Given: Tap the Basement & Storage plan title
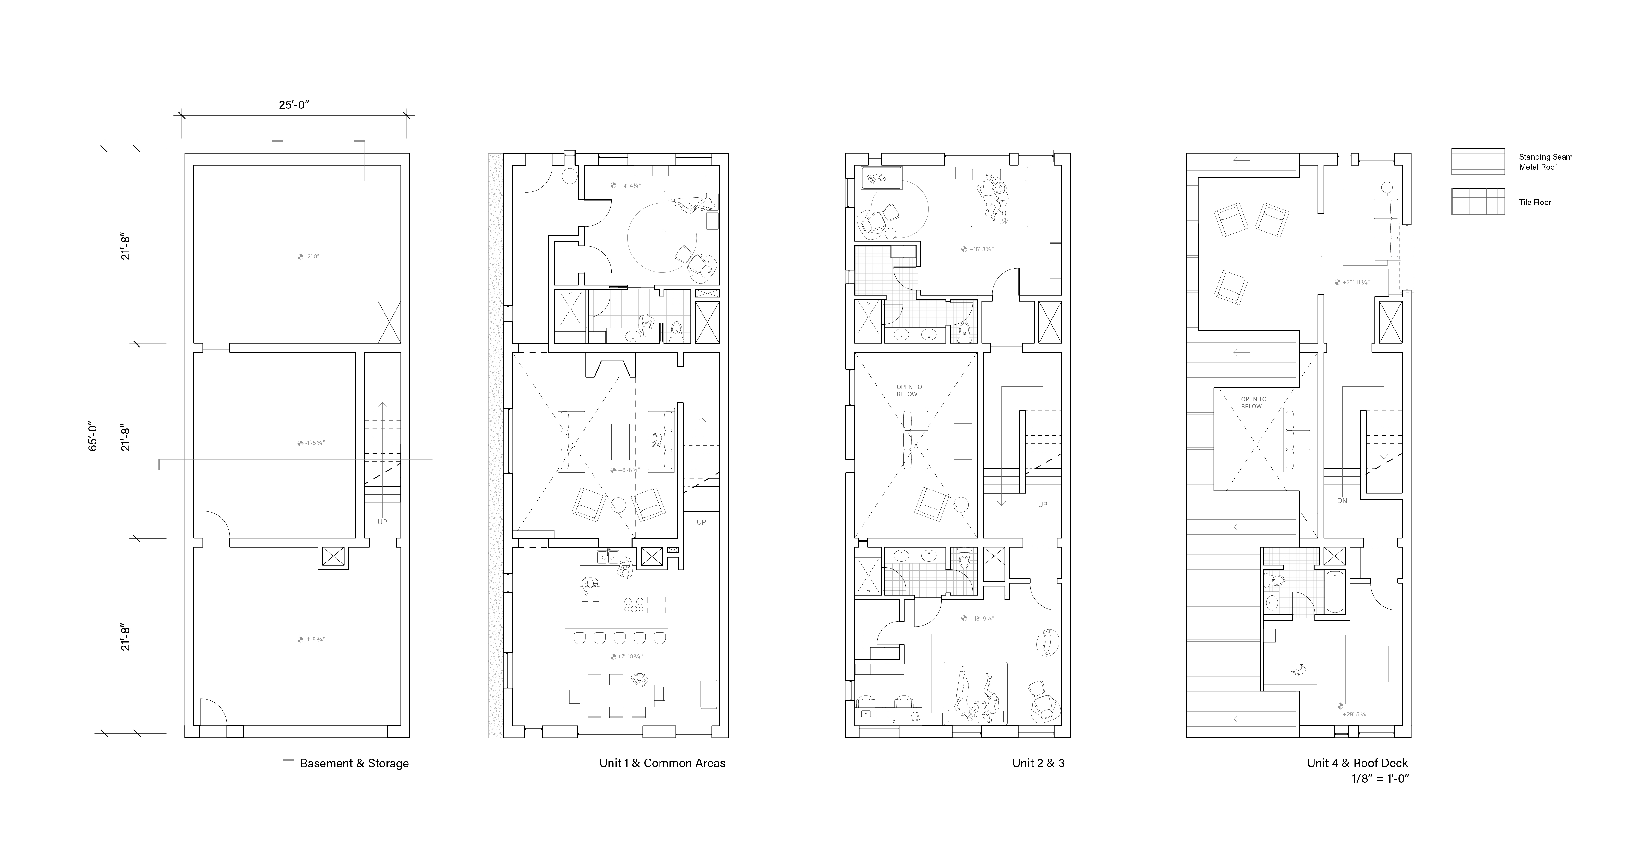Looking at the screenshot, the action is [354, 763].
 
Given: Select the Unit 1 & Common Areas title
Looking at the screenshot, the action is [662, 763].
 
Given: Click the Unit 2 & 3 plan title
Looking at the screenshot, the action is [1038, 763].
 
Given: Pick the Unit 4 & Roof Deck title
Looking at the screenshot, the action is [1357, 763].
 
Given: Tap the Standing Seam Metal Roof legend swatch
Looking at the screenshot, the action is [1478, 161].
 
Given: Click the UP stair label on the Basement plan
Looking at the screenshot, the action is [382, 521].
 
